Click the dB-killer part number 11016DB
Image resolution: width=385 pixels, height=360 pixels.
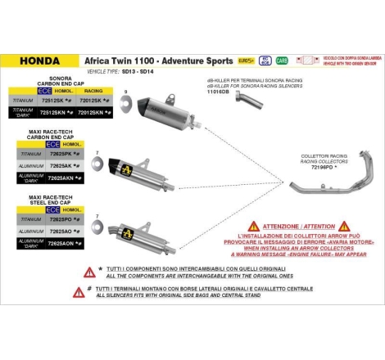point(220,93)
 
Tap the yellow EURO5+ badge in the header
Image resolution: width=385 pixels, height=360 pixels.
point(245,61)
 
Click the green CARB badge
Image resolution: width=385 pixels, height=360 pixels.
point(282,61)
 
